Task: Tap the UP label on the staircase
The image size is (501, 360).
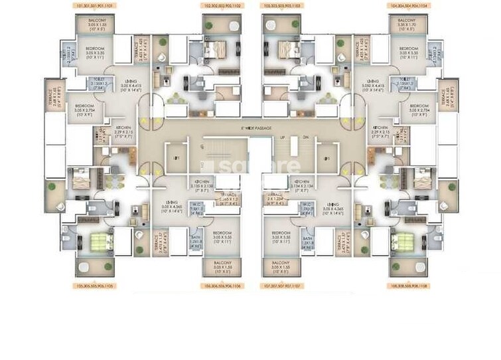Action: click(x=282, y=137)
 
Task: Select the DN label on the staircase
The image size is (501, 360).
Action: click(x=305, y=137)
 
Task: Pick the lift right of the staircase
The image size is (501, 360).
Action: click(x=325, y=158)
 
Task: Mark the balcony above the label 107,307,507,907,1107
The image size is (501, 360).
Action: click(x=281, y=268)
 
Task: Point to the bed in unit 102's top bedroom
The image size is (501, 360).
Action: click(x=216, y=49)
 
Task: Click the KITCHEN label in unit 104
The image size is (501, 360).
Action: click(x=380, y=130)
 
